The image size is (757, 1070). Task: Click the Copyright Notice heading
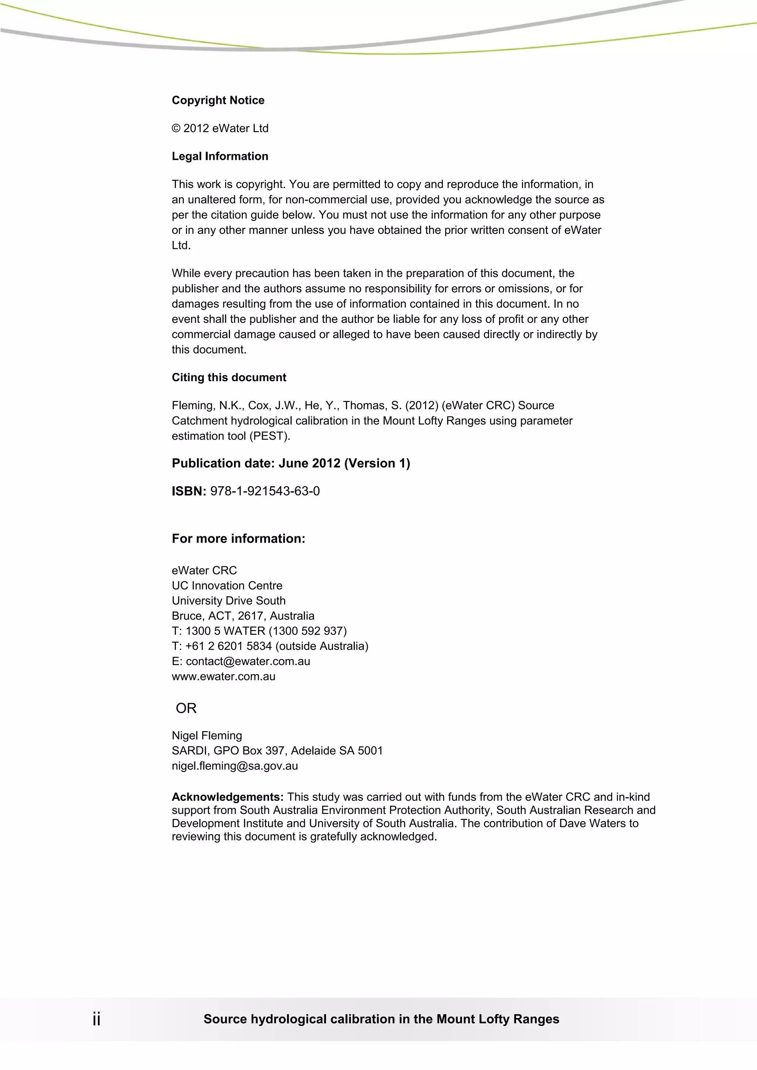point(218,100)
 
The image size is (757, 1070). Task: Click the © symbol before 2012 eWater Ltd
point(176,129)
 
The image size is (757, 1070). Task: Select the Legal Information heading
point(220,156)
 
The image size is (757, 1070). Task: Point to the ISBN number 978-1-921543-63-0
point(265,491)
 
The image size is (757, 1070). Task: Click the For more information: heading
point(238,539)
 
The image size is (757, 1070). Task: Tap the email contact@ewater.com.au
point(248,661)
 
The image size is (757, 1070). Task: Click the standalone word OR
point(186,708)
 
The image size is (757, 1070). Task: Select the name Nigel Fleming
point(207,735)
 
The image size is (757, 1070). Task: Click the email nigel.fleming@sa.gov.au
point(234,766)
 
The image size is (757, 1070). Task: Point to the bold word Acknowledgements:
point(227,797)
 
